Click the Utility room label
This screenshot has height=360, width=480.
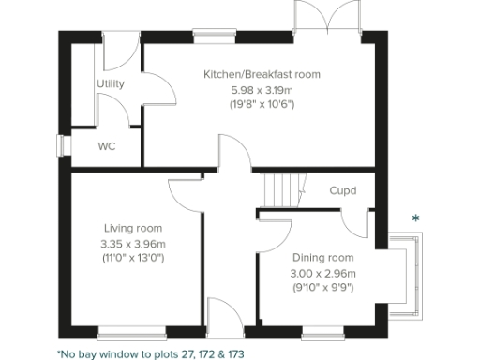[111, 84]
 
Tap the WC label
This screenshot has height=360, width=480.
[108, 146]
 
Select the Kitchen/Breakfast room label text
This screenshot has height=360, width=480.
[262, 74]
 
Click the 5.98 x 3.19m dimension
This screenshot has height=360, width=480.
[262, 89]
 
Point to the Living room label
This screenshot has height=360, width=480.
[133, 228]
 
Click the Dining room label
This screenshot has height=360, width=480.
[322, 258]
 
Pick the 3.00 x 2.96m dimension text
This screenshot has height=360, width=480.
[322, 273]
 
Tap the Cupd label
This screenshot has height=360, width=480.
[342, 191]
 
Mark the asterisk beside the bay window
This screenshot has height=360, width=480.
[416, 219]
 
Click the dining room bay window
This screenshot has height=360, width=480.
[404, 274]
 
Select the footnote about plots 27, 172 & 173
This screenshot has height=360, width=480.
[150, 354]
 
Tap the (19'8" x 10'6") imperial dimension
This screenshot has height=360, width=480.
[262, 103]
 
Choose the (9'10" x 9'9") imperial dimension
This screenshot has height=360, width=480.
[322, 287]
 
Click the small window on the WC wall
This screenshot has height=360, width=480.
[61, 146]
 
